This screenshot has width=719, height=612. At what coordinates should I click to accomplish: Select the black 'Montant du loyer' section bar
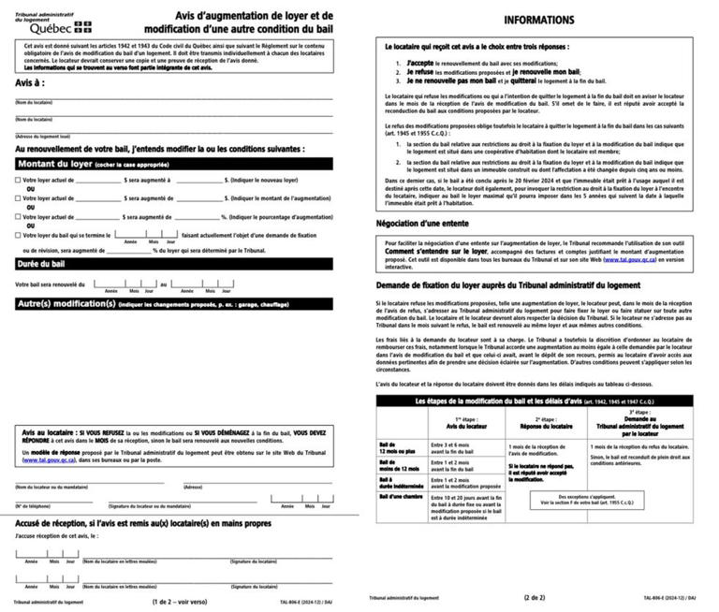click(x=178, y=163)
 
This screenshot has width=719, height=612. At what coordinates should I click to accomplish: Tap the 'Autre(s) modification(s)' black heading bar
click(x=178, y=303)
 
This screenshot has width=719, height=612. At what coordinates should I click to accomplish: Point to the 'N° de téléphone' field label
click(x=32, y=505)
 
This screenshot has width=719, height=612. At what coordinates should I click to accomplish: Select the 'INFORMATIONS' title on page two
click(x=539, y=20)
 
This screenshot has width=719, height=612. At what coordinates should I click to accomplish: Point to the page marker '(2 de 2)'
click(x=538, y=596)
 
